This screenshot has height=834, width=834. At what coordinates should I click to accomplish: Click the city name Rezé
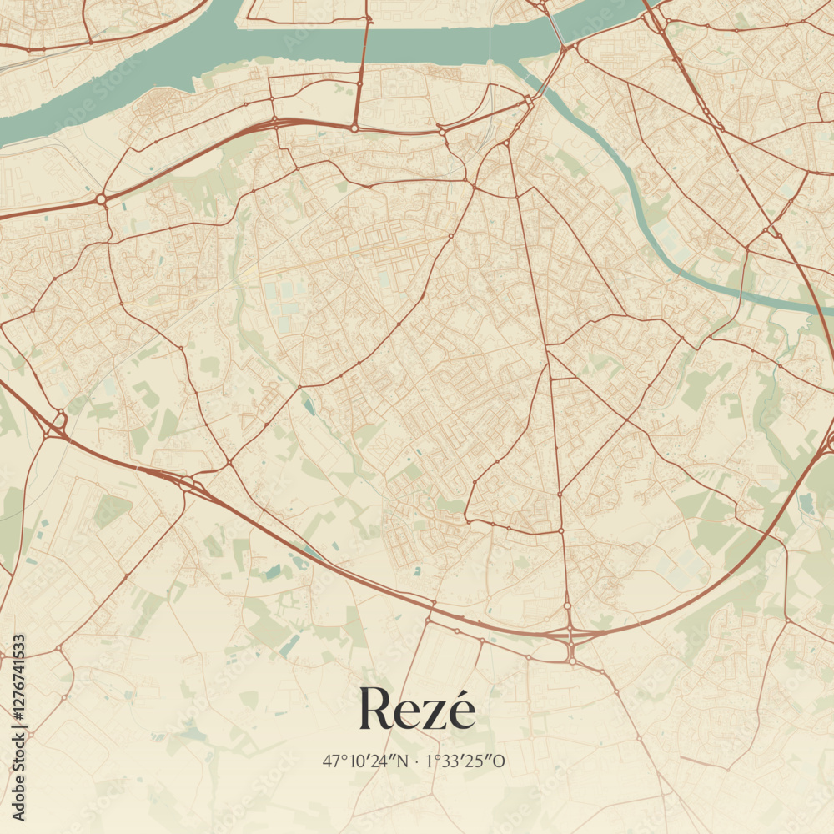[417, 710]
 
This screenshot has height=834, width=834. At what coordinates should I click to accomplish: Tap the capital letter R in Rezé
[374, 710]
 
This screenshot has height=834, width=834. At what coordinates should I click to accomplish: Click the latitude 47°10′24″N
[365, 761]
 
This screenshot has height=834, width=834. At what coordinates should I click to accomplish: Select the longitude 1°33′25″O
[465, 761]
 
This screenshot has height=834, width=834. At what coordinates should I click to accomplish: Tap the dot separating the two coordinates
[417, 761]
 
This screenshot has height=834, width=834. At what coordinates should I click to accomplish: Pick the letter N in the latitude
[403, 761]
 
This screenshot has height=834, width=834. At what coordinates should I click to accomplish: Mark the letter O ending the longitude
[500, 761]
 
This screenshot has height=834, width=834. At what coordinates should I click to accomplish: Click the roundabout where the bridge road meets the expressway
[354, 128]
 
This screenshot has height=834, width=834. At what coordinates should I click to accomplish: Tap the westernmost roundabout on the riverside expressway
[101, 199]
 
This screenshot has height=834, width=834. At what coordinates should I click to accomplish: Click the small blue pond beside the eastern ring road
[806, 503]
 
